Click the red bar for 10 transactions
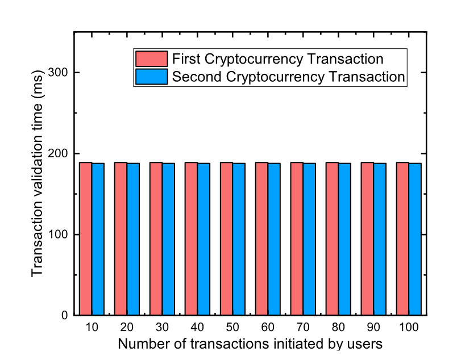pyautogui.click(x=85, y=238)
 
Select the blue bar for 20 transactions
pyautogui.click(x=133, y=238)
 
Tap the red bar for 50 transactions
pyautogui.click(x=226, y=238)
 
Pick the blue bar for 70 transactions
pyautogui.click(x=309, y=238)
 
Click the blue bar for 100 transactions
pyautogui.click(x=415, y=238)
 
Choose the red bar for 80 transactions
pyautogui.click(x=332, y=238)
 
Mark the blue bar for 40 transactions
pyautogui.click(x=203, y=238)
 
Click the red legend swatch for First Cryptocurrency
pyautogui.click(x=151, y=58)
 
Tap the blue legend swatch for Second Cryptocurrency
pyautogui.click(x=151, y=77)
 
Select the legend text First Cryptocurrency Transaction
pyautogui.click(x=277, y=58)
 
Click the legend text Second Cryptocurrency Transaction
pyautogui.click(x=289, y=77)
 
